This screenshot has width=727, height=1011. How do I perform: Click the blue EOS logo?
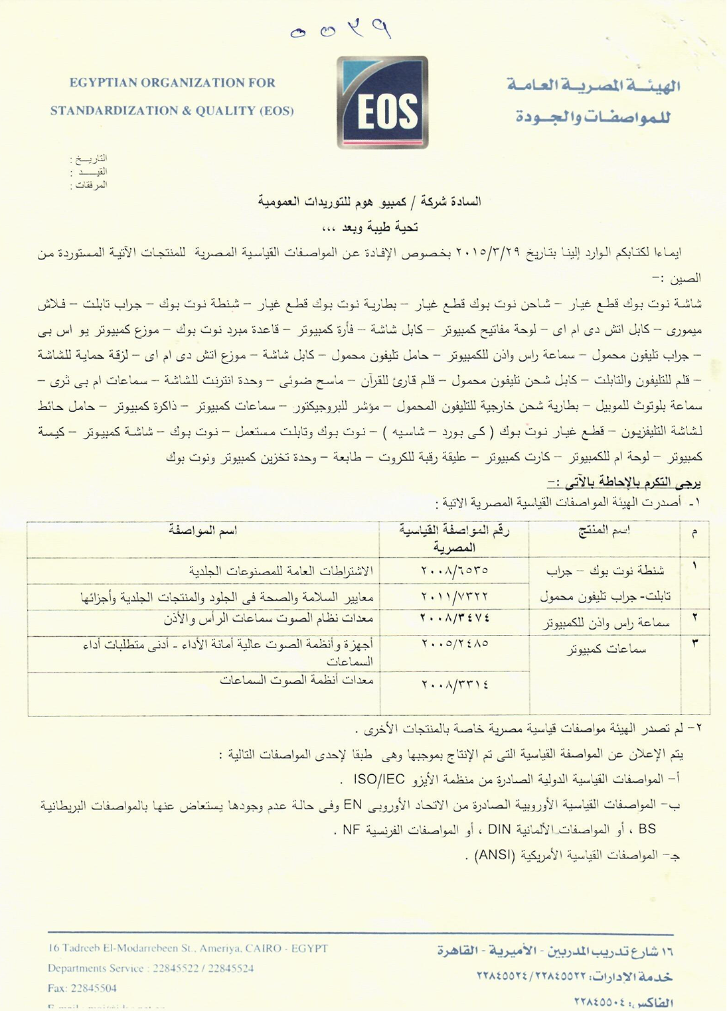pos(382,103)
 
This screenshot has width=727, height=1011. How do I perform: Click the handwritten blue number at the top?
pos(340,30)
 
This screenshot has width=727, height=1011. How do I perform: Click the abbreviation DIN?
pos(499,829)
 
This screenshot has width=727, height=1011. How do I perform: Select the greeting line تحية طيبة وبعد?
pos(370,228)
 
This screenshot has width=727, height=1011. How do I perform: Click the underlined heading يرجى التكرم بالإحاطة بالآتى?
pos(620,481)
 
